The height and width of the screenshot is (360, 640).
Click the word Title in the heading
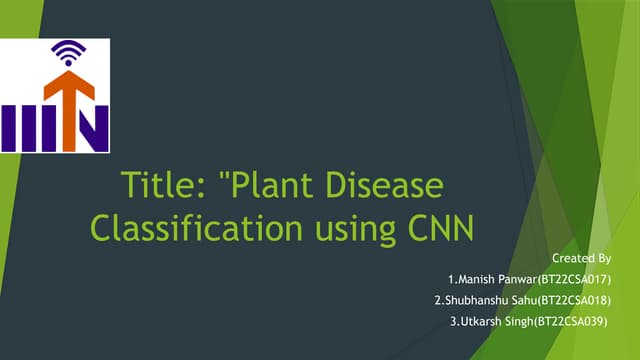click(x=151, y=186)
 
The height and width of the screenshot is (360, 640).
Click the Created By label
click(x=588, y=258)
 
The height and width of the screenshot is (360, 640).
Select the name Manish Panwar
click(x=496, y=279)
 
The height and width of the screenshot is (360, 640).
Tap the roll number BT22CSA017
click(x=579, y=279)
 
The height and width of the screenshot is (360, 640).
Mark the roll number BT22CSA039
click(x=573, y=320)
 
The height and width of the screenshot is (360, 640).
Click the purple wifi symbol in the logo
click(x=70, y=49)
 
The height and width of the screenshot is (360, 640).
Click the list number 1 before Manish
click(x=452, y=279)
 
